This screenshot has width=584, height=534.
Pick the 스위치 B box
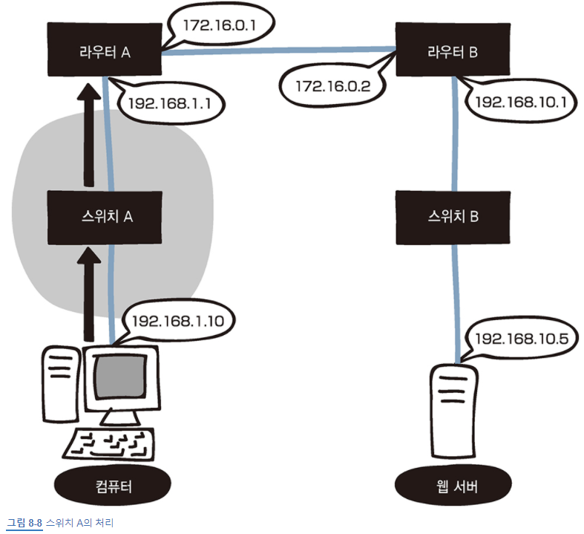point(454,218)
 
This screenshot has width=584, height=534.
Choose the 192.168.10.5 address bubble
point(521,339)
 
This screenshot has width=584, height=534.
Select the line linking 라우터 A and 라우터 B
point(278,51)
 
